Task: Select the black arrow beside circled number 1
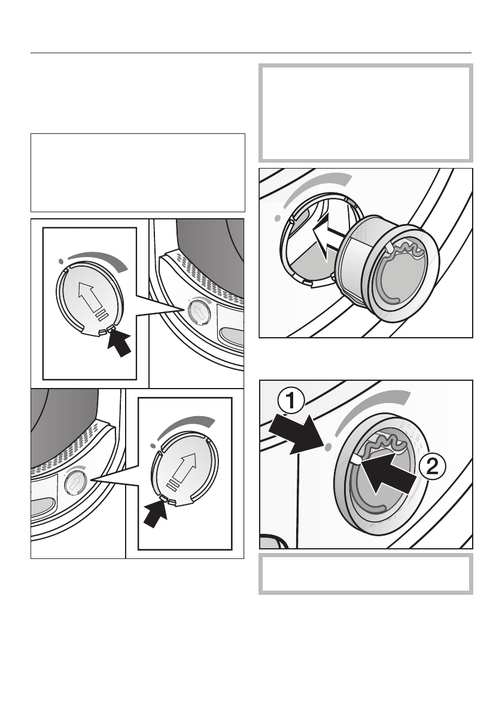click(299, 433)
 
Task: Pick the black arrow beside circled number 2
click(390, 475)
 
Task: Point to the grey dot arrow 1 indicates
click(328, 448)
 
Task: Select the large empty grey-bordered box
click(366, 113)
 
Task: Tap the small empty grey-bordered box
click(366, 573)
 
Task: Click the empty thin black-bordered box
click(138, 173)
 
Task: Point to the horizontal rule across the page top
click(251, 53)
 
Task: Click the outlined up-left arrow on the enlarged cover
click(92, 297)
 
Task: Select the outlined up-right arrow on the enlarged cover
click(184, 471)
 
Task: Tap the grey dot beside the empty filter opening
click(278, 218)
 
